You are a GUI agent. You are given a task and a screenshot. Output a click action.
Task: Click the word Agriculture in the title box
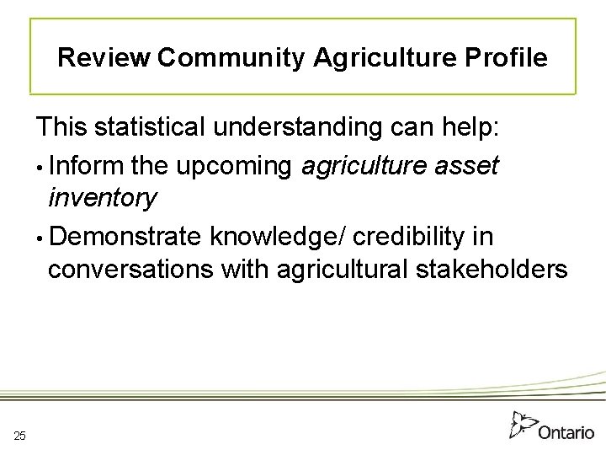coord(379,58)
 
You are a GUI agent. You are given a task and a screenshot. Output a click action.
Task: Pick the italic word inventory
coord(102,199)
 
